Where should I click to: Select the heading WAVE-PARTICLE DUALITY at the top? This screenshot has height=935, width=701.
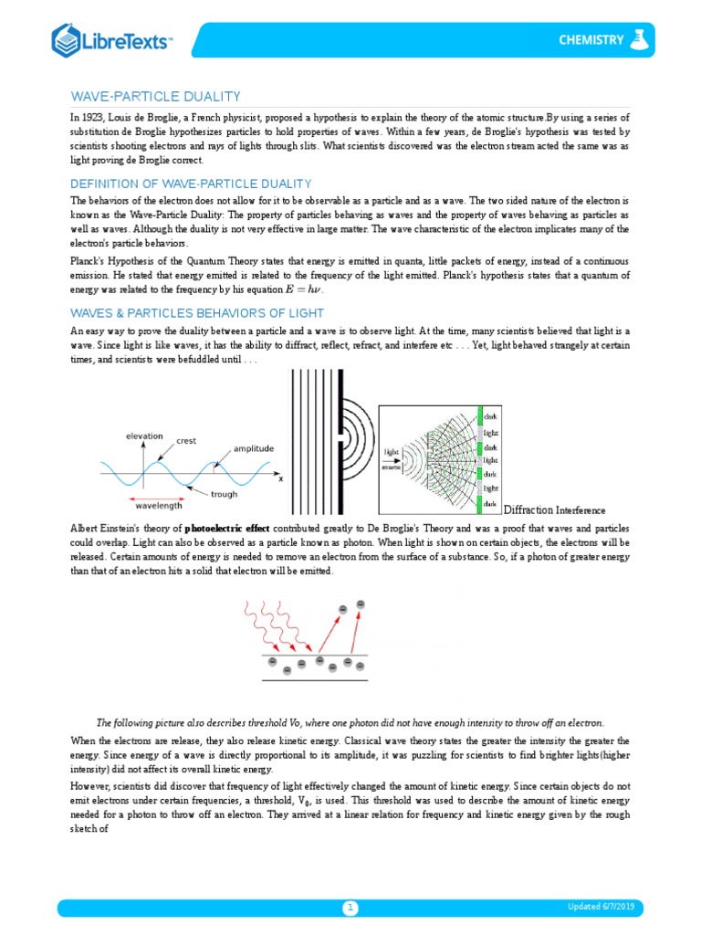155,96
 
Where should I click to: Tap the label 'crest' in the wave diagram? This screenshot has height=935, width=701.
186,441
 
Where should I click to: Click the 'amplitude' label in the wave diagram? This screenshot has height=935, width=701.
253,449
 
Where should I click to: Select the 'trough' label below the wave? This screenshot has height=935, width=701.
224,494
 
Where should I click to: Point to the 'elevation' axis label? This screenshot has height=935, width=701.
144,436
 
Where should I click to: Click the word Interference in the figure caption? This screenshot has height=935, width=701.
581,510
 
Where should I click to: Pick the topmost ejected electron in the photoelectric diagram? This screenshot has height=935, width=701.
360,604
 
